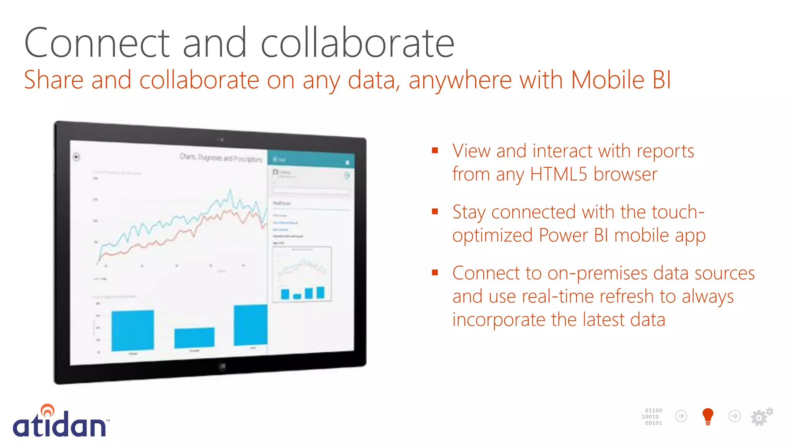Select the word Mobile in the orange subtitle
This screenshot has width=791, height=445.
pos(608,80)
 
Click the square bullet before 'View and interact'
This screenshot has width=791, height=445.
pos(435,150)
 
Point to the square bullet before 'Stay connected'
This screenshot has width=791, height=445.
pos(435,211)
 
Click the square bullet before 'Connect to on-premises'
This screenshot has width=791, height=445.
pos(435,273)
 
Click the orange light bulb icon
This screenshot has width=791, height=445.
pos(708,416)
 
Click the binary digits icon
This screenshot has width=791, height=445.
pos(652,416)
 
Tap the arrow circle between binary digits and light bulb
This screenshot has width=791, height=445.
pos(681,416)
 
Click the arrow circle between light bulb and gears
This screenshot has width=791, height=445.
pos(734,416)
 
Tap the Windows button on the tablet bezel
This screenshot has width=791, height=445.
pos(222,366)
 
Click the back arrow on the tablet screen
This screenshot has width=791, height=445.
pos(76,157)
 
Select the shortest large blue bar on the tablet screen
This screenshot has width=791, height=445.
pos(194,338)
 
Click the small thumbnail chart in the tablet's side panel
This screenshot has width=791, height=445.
pos(302,274)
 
